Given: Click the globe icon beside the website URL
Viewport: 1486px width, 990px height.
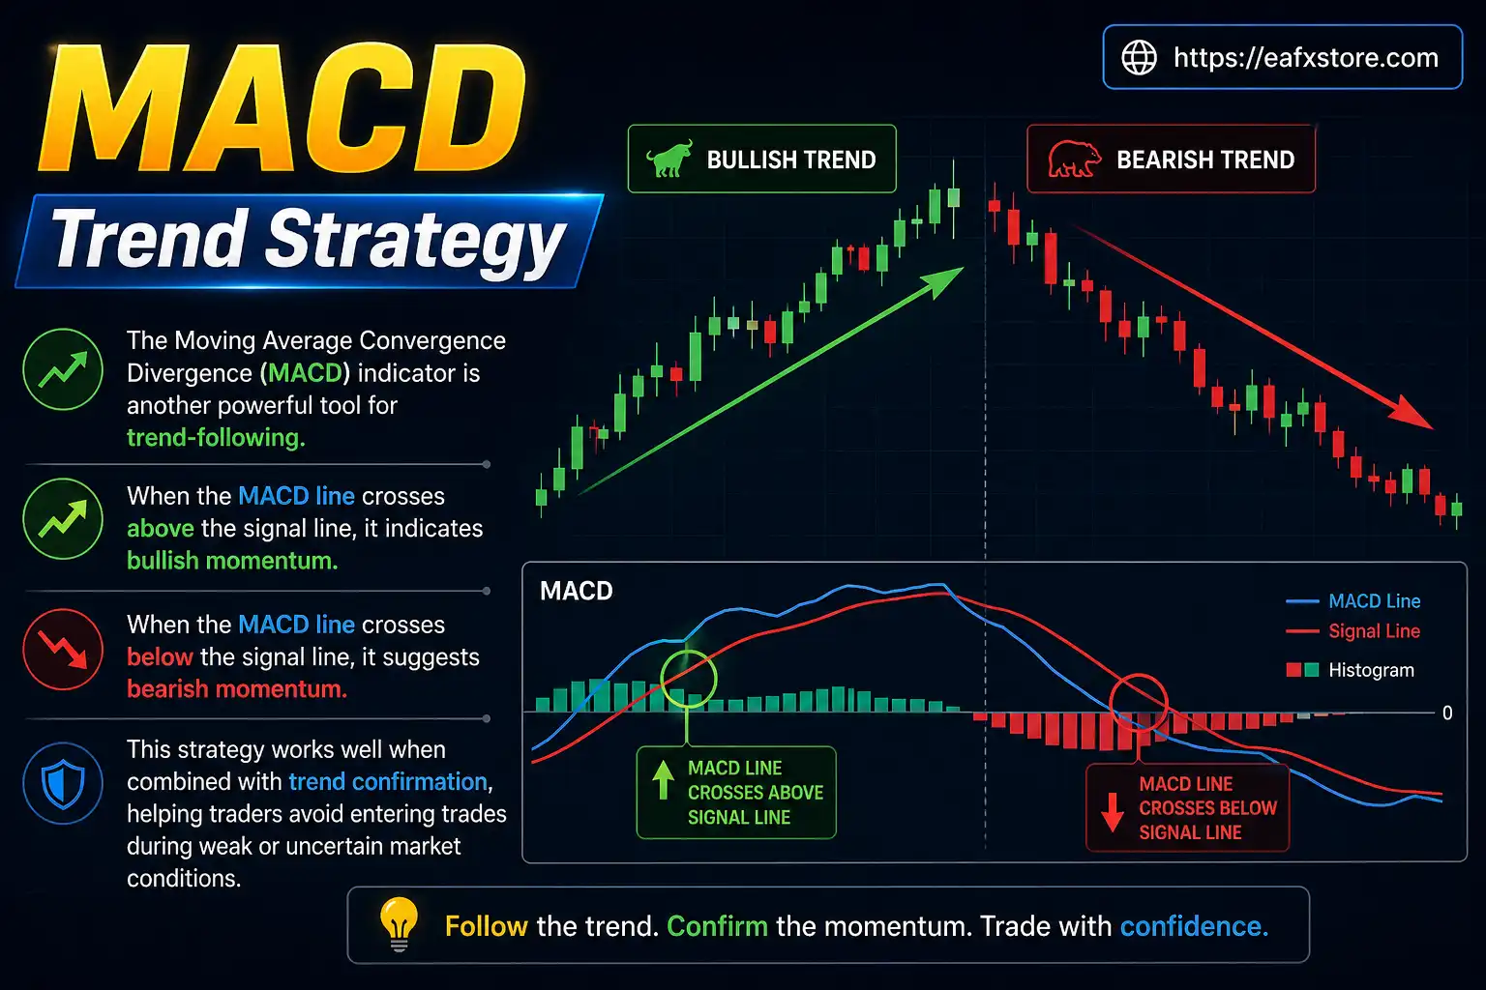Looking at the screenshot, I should pyautogui.click(x=1139, y=58).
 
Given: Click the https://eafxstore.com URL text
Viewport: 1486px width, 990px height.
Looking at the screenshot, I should pyautogui.click(x=1305, y=58).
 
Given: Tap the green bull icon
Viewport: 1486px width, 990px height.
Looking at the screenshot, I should pyautogui.click(x=669, y=160).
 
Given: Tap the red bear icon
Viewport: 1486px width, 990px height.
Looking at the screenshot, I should pyautogui.click(x=1073, y=160).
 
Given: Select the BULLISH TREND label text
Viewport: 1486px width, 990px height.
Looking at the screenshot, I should pyautogui.click(x=790, y=160).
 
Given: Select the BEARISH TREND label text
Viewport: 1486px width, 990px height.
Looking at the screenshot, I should pyautogui.click(x=1204, y=160).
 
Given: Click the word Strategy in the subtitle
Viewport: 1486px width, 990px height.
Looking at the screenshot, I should pyautogui.click(x=415, y=240).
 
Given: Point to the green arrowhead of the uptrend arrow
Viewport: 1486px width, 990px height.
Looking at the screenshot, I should pyautogui.click(x=943, y=281).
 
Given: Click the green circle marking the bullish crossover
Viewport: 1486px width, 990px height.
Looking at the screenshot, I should pyautogui.click(x=688, y=678).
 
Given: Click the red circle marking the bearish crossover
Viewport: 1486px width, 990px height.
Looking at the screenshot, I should pyautogui.click(x=1138, y=703).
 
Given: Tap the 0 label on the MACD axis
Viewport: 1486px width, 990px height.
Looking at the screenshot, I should pyautogui.click(x=1447, y=713).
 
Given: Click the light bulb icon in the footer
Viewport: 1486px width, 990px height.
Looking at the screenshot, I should pyautogui.click(x=398, y=923).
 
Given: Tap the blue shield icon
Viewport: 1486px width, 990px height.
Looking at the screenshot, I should pyautogui.click(x=63, y=783).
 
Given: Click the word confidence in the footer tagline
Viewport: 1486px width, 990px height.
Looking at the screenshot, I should pyautogui.click(x=1193, y=926).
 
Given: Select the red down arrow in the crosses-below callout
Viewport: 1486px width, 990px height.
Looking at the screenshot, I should pyautogui.click(x=1113, y=810).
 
